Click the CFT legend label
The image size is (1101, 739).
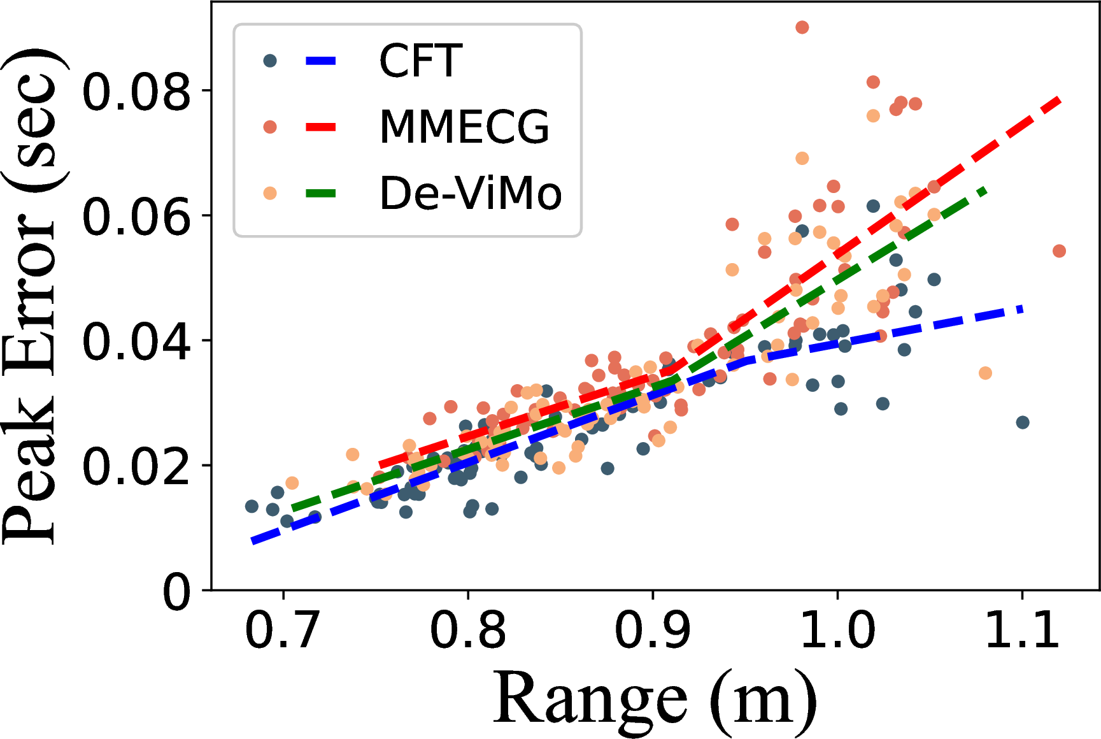point(420,61)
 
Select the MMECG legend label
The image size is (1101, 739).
point(464,127)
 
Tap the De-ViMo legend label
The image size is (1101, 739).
point(471,193)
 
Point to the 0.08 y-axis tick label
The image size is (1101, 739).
point(136,91)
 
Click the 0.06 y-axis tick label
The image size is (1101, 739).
point(136,216)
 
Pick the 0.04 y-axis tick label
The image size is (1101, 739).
point(136,341)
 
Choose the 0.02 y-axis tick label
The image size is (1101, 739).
point(136,466)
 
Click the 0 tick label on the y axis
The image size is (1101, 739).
point(176,592)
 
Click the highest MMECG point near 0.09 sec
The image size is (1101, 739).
point(802,27)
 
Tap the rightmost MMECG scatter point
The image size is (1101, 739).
point(1059,251)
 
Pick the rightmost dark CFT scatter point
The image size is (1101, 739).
point(1023,422)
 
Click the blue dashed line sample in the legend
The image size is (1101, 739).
point(321,61)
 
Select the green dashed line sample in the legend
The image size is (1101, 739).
point(321,193)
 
